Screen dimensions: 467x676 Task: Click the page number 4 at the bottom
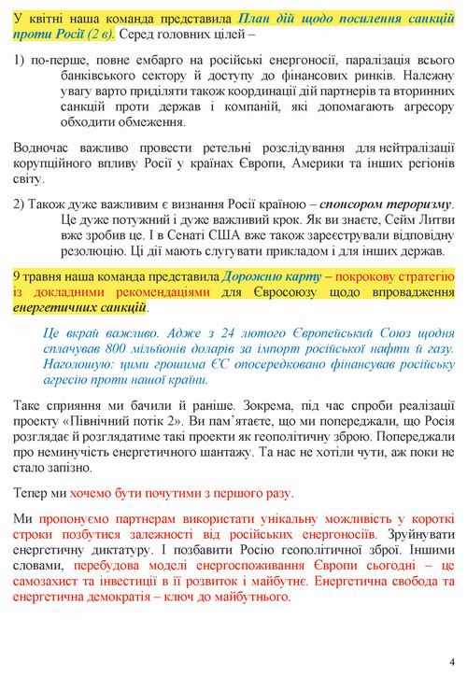tap(451, 656)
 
